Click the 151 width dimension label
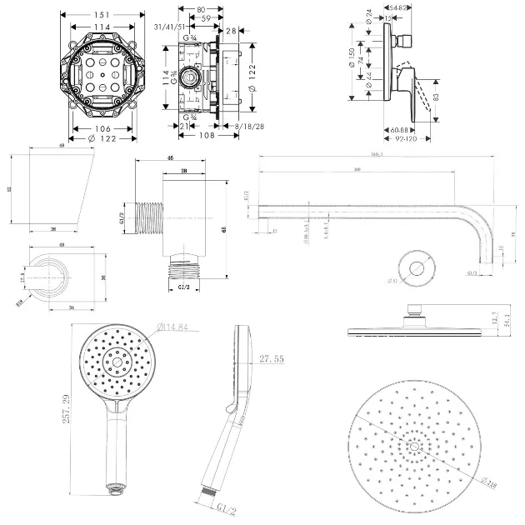(101, 13)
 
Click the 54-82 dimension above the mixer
(399, 7)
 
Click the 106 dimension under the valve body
(102, 128)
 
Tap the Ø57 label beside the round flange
(393, 280)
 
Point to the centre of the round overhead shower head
(413, 447)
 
